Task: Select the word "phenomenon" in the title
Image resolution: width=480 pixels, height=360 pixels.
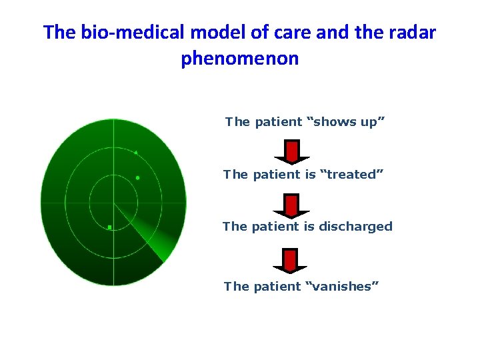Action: point(240,59)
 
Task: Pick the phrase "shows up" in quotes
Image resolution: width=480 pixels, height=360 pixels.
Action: point(345,122)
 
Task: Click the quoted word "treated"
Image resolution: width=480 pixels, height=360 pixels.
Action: point(349,175)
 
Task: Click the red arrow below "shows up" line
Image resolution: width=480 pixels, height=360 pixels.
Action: point(291,151)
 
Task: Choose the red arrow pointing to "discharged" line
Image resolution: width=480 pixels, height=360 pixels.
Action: point(291,205)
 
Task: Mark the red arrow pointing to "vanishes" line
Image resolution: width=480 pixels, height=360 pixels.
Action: point(291,260)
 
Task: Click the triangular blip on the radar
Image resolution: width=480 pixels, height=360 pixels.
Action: point(136,153)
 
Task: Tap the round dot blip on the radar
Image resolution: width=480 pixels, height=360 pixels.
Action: point(137,178)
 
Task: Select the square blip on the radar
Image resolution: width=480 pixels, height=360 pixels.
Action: point(109,227)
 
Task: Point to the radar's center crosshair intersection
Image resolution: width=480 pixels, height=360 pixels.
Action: point(113,203)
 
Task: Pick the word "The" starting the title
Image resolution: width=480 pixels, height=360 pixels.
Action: point(57,32)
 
